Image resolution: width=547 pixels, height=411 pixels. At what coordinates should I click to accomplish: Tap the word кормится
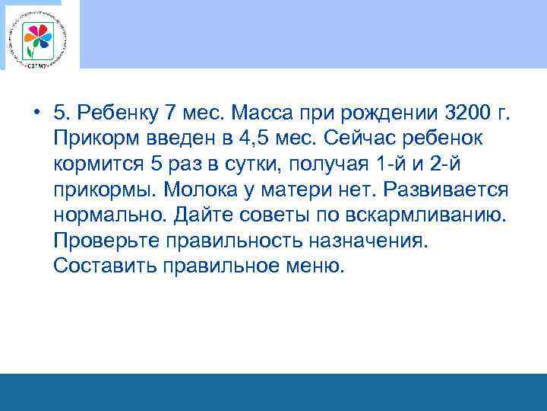pos(100,165)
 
